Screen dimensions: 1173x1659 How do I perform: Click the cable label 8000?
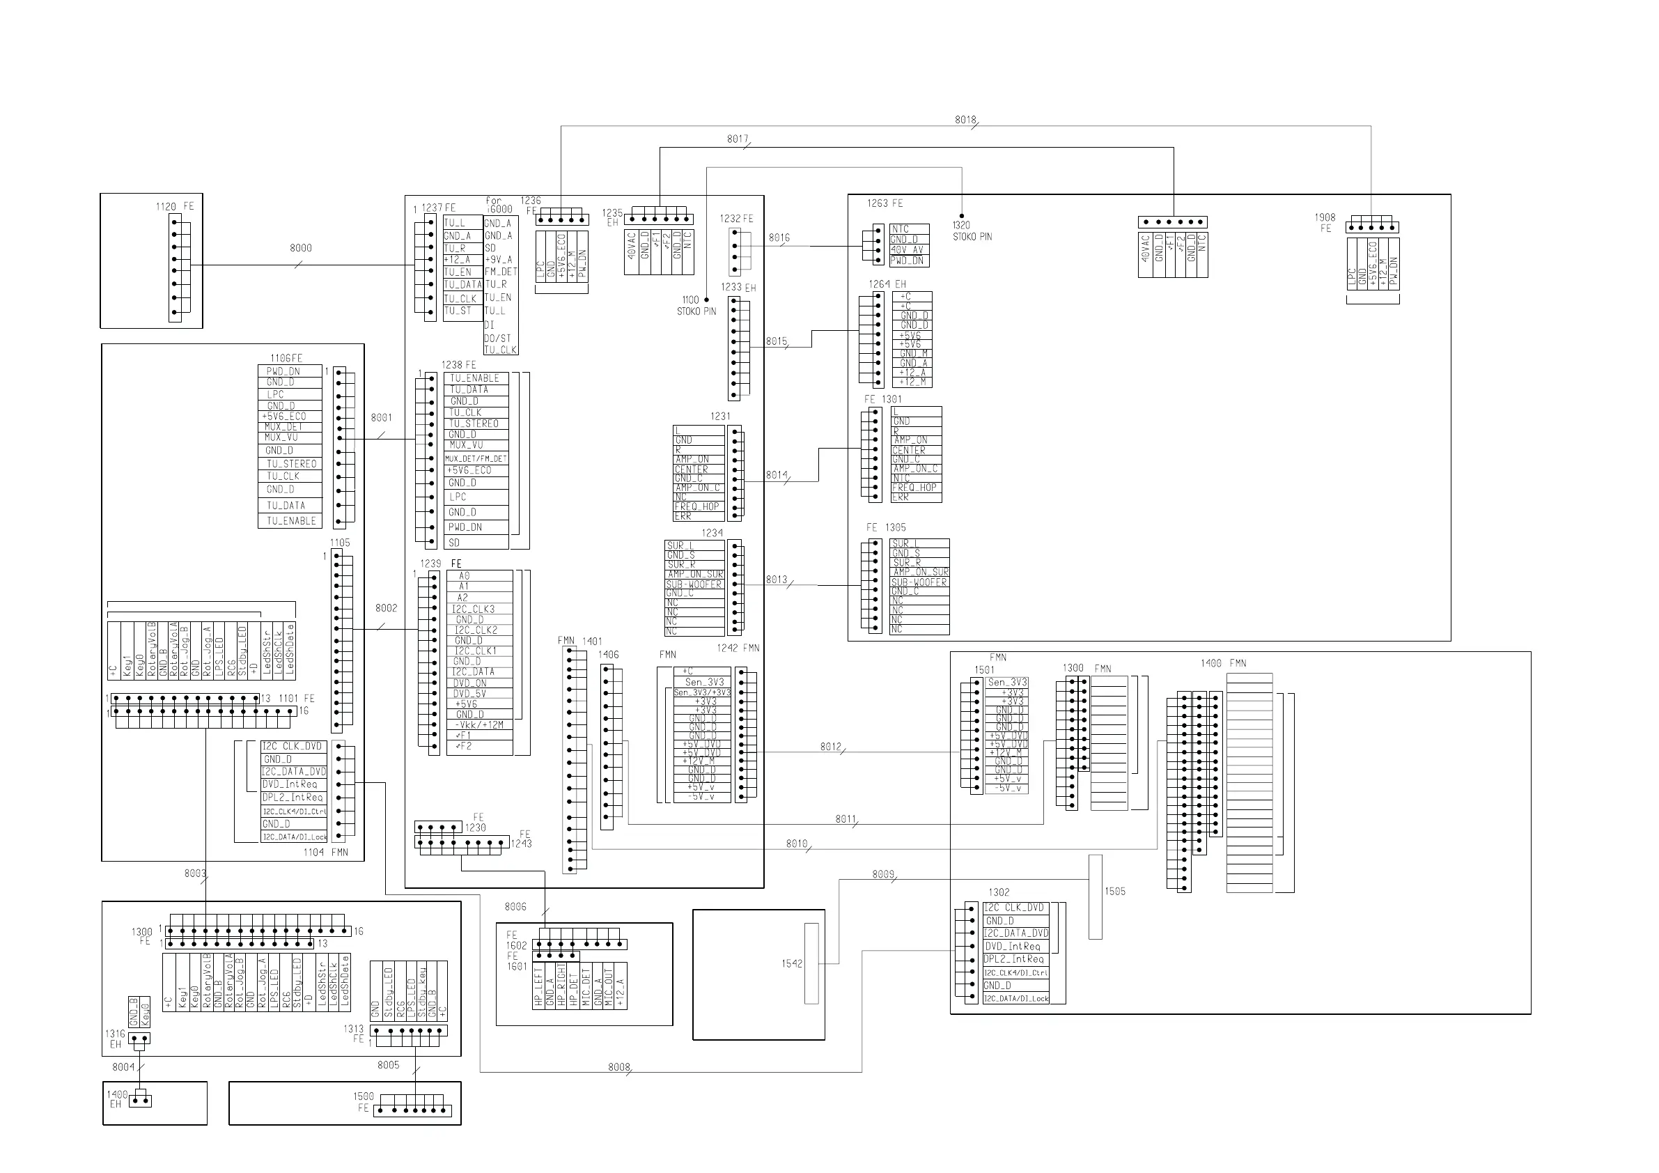pos(301,248)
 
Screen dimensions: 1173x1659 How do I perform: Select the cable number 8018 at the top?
pos(965,120)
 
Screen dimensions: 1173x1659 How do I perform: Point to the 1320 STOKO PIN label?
pos(972,231)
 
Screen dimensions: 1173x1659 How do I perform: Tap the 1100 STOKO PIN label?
pos(696,306)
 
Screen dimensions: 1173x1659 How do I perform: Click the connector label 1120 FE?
pos(175,207)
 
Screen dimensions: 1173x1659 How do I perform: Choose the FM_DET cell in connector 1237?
pos(501,272)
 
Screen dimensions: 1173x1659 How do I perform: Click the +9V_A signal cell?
pos(499,259)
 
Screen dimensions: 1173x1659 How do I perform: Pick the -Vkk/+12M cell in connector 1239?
pos(479,725)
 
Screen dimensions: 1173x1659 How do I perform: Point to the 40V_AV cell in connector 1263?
pos(908,250)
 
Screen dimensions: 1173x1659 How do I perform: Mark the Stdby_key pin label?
pos(423,992)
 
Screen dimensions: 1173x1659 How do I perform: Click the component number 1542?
pos(792,963)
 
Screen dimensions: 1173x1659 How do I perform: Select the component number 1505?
pos(1115,891)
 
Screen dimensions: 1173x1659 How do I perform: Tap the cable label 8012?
pos(831,747)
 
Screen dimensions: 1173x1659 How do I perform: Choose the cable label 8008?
pos(619,1066)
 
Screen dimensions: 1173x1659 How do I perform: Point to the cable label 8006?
pos(515,906)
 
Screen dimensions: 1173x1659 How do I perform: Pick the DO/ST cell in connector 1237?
pos(498,339)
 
